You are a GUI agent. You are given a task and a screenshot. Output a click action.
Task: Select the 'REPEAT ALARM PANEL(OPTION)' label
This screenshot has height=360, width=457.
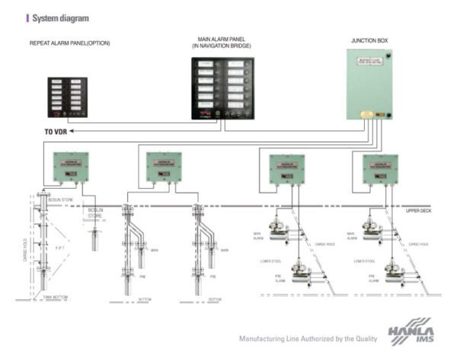69,43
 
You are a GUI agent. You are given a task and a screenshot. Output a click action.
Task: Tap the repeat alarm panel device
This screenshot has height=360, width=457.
67,97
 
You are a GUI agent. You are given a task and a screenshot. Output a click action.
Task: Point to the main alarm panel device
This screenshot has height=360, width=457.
220,88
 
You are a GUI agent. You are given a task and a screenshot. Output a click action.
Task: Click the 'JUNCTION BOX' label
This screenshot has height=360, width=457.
369,40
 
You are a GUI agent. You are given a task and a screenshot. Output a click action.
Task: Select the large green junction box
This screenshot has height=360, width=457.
369,84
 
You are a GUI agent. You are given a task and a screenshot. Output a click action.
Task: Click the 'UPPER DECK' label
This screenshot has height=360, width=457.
418,209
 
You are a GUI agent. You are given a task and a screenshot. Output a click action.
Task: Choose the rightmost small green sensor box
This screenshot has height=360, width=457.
379,169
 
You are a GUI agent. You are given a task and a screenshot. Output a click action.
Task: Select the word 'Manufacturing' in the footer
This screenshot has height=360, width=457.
263,339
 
